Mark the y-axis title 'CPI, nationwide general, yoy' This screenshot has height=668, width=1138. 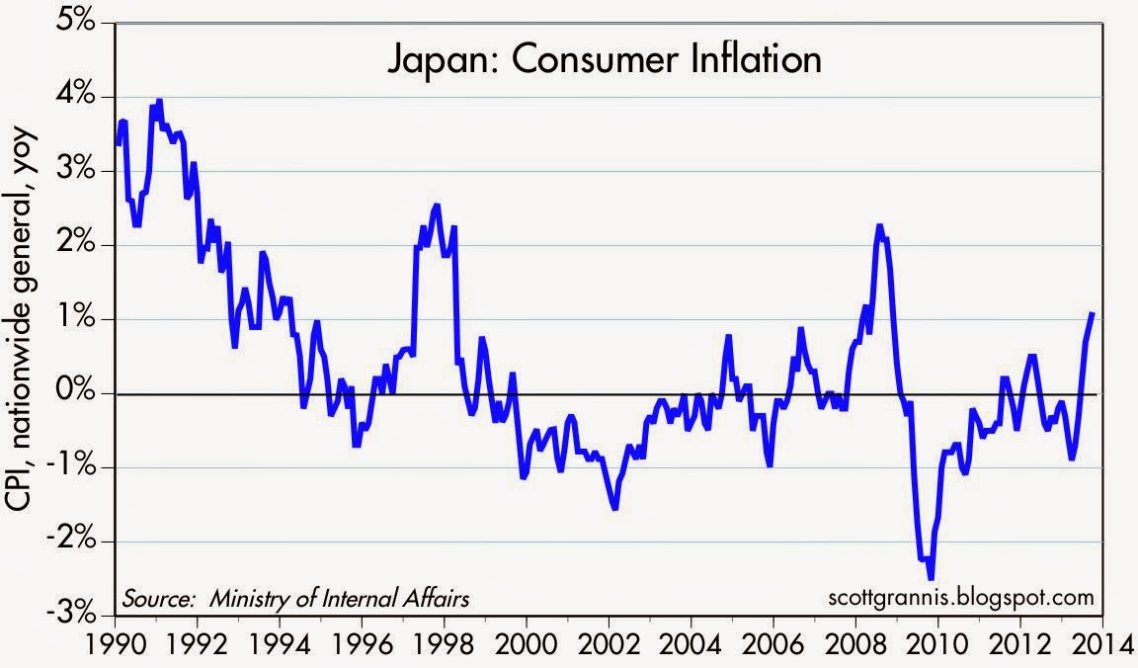(x=22, y=316)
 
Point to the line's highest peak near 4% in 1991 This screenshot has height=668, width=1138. (x=159, y=101)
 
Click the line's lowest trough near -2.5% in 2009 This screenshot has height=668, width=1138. (x=930, y=579)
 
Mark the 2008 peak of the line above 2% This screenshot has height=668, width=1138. (x=878, y=226)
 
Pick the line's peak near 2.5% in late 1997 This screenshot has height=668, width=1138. (x=436, y=206)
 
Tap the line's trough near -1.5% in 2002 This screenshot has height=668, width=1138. (x=614, y=508)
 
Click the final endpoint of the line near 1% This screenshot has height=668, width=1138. (x=1093, y=313)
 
